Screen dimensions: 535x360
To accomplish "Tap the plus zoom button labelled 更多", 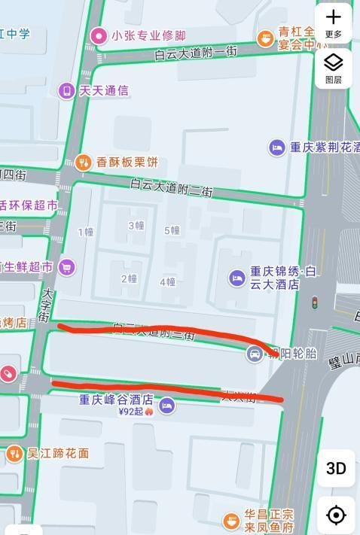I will pyautogui.click(x=334, y=23).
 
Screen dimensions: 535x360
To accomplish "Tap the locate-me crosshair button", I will pyautogui.click(x=336, y=515).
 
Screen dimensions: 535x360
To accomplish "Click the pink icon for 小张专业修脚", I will pyautogui.click(x=99, y=35).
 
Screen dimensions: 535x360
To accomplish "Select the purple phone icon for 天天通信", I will pyautogui.click(x=67, y=91).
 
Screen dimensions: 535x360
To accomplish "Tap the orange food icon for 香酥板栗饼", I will pyautogui.click(x=84, y=162).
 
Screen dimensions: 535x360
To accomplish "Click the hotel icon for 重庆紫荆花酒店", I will pyautogui.click(x=277, y=147).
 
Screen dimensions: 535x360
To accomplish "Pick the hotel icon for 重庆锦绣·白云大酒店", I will pyautogui.click(x=237, y=278).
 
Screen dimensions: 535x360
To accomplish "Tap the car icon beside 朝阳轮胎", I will pyautogui.click(x=255, y=353).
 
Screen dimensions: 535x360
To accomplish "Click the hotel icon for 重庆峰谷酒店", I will pyautogui.click(x=167, y=406).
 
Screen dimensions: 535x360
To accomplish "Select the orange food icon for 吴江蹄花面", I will pyautogui.click(x=14, y=454).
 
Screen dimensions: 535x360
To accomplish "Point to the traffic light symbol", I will pyautogui.click(x=315, y=302).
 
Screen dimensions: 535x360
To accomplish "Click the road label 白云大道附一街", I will pyautogui.click(x=196, y=53).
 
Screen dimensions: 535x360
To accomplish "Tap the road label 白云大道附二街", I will pyautogui.click(x=171, y=187).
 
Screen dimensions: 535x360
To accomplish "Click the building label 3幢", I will pyautogui.click(x=136, y=226).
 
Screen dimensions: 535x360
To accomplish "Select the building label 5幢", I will pyautogui.click(x=172, y=230).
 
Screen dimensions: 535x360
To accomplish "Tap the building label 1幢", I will pyautogui.click(x=85, y=232).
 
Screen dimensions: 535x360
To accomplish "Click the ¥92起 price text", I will pyautogui.click(x=131, y=412).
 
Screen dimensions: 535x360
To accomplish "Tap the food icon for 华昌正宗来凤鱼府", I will pyautogui.click(x=231, y=520).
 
